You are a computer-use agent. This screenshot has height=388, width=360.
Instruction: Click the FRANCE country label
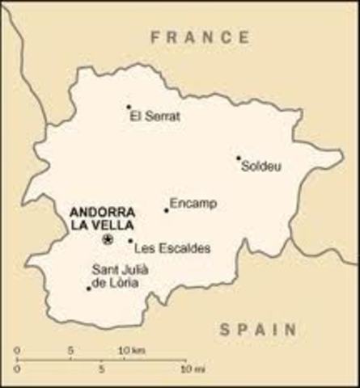200,36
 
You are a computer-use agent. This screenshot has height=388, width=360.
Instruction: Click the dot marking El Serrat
129,107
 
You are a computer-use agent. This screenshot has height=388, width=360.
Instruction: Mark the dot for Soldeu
239,158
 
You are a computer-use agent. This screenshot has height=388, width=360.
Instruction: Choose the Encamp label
193,205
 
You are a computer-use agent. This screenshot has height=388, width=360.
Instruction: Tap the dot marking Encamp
167,210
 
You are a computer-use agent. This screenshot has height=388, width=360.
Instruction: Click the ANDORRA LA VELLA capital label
109,217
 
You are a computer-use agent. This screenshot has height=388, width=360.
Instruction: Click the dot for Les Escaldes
130,240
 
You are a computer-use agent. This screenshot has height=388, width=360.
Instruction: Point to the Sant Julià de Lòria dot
88,288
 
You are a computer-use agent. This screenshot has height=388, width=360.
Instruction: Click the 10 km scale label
133,350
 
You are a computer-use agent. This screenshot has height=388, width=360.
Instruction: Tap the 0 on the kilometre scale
17,350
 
